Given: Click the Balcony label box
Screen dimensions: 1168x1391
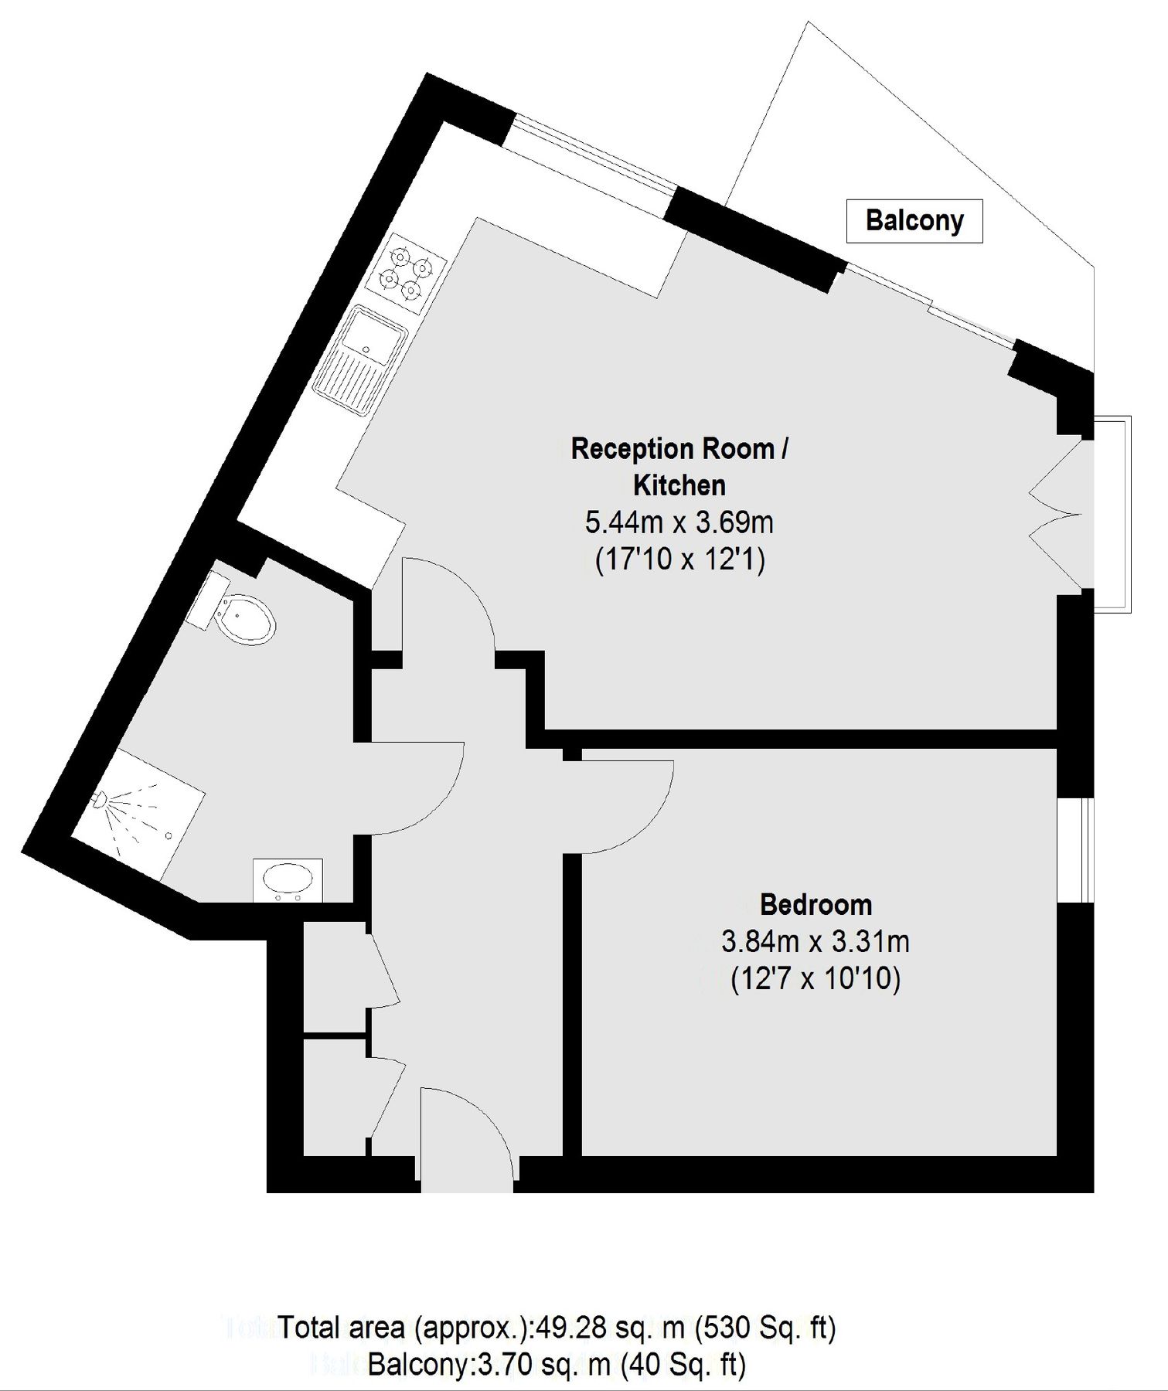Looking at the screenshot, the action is tap(914, 221).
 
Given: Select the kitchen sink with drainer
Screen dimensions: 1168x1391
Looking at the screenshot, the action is tap(361, 360).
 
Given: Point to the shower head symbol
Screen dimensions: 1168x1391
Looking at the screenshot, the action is tap(100, 800).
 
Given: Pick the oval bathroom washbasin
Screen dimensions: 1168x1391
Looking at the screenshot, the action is tap(288, 879).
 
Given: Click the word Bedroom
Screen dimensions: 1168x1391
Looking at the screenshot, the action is tap(816, 904).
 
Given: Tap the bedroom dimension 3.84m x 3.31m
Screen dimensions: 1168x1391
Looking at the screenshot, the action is tap(816, 942).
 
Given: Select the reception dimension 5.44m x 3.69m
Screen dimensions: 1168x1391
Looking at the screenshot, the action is tap(679, 522).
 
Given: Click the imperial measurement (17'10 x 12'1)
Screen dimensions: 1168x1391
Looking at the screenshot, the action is tap(679, 559).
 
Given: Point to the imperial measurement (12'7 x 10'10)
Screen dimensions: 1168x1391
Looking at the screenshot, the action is tap(816, 979).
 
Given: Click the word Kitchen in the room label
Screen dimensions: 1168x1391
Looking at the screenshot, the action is tap(679, 485).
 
